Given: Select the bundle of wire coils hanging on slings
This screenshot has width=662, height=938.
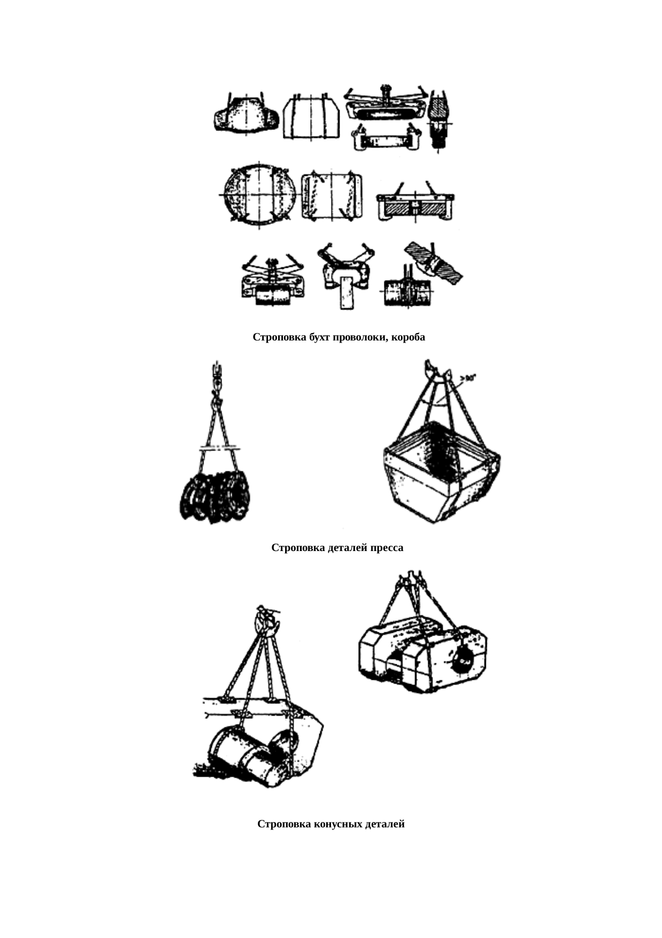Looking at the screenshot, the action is pos(215,496).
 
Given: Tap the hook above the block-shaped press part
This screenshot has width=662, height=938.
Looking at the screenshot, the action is pos(410,578).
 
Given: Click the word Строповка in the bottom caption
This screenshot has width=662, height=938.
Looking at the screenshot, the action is pos(283,824).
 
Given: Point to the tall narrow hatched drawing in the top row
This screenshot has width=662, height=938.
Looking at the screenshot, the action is pos(440,120).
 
